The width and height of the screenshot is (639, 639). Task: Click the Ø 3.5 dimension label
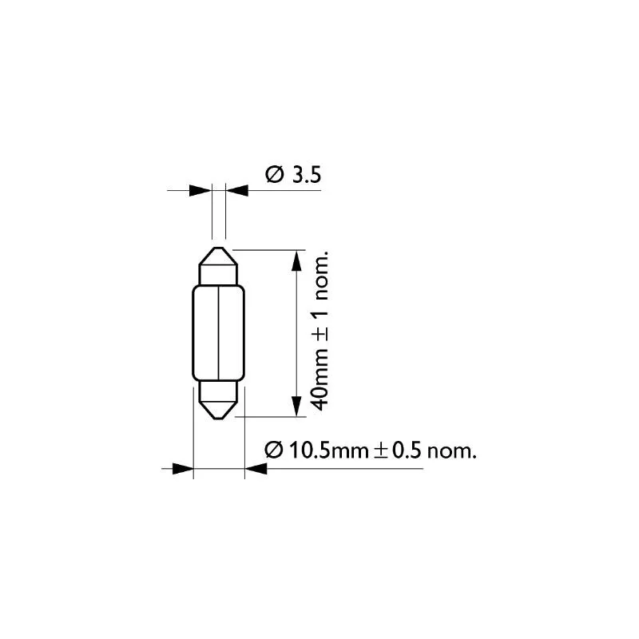point(293,174)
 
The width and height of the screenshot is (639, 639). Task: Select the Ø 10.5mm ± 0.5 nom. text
point(371,450)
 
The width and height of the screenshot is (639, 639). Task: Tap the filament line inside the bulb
point(219,332)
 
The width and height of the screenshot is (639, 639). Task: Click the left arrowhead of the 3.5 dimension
point(200,190)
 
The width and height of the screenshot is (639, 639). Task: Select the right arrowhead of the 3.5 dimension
point(236,190)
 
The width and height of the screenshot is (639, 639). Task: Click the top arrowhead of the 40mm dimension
point(297,261)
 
